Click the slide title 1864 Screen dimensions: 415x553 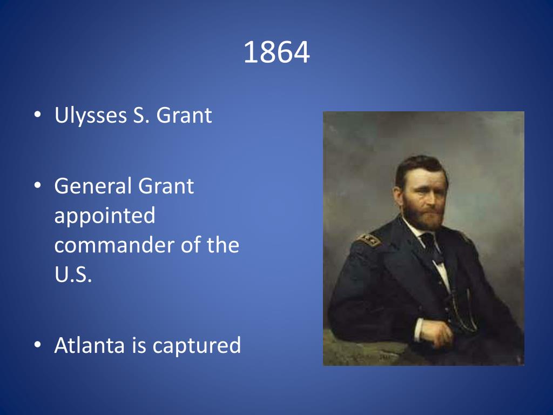[x=276, y=53]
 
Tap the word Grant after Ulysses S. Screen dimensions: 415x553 [x=184, y=116]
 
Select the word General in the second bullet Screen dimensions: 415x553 [x=93, y=186]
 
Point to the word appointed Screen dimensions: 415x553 [x=104, y=216]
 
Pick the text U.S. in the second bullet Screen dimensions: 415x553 [x=73, y=275]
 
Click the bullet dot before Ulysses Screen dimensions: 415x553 [x=37, y=116]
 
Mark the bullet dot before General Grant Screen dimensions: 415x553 [x=37, y=186]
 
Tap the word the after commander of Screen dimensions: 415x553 [x=222, y=245]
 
